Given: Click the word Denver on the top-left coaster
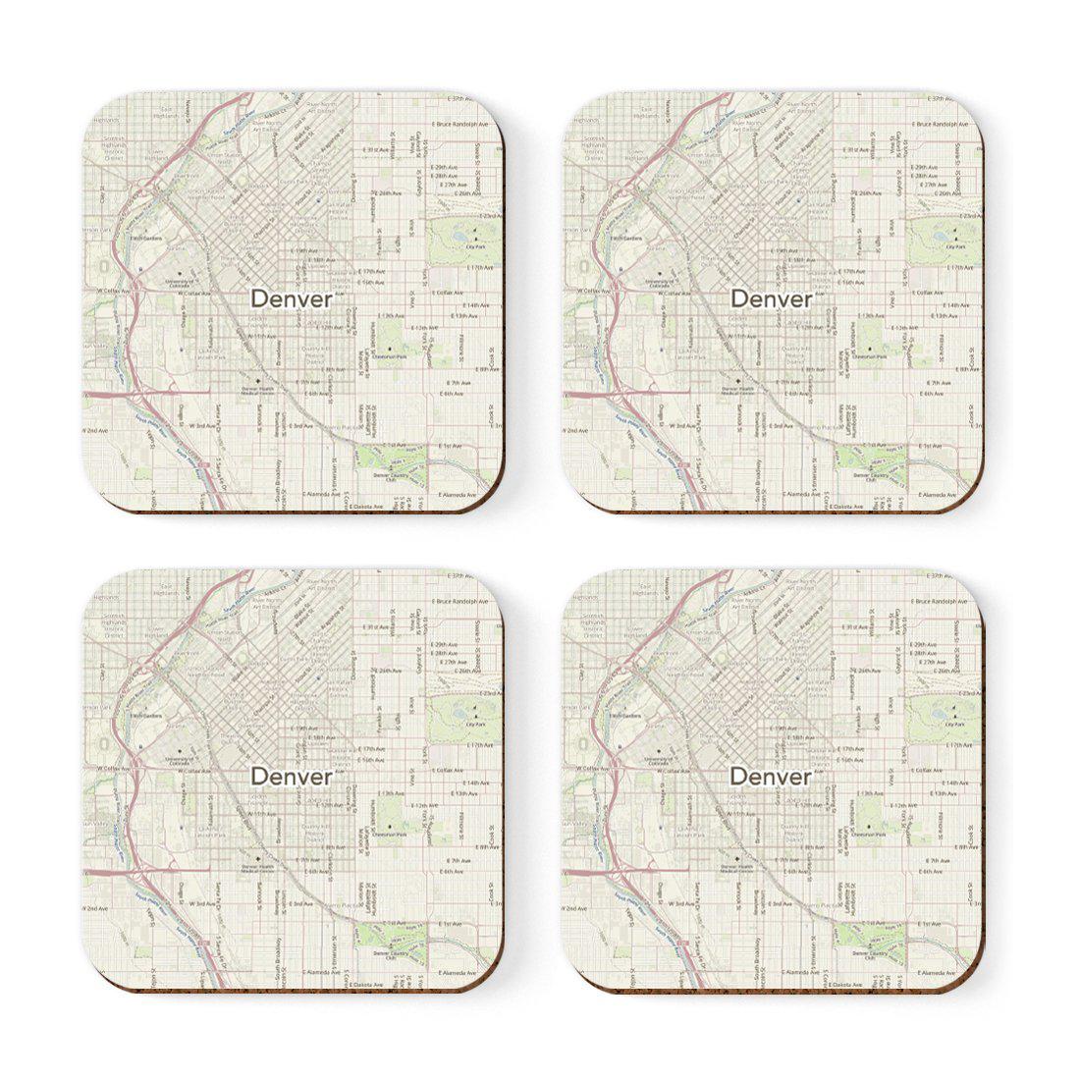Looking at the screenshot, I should [x=291, y=298].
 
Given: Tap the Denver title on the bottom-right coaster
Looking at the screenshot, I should [x=772, y=776].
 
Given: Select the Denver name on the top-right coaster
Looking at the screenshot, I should [x=772, y=298].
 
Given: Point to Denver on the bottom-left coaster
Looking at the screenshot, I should [x=291, y=776].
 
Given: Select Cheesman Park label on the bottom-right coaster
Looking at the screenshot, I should [x=875, y=835].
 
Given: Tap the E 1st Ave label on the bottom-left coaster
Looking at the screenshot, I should [x=451, y=924].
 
